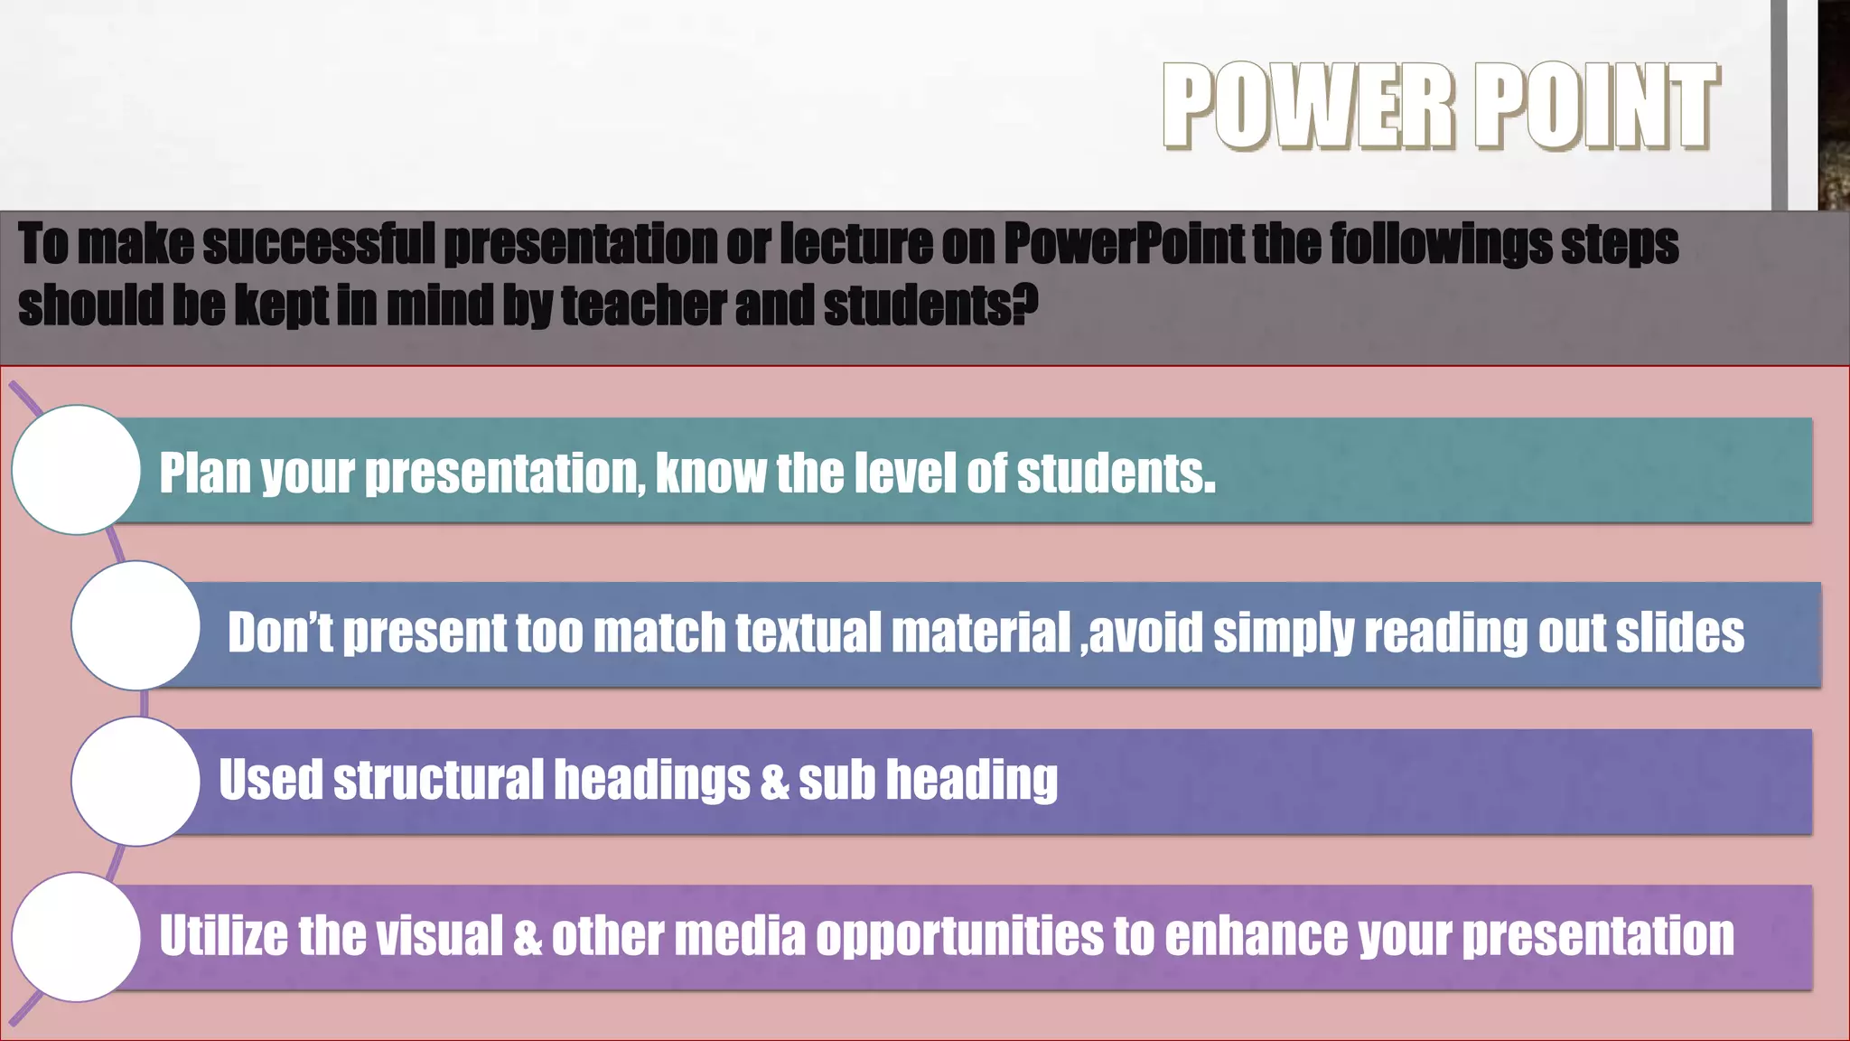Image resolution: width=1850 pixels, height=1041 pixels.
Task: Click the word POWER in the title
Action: click(x=1308, y=106)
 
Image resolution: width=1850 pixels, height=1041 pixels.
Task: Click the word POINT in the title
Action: click(x=1597, y=106)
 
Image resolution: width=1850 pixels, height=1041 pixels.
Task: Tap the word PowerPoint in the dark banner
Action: click(x=1124, y=244)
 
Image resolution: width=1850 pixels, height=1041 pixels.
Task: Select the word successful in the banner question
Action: click(x=318, y=244)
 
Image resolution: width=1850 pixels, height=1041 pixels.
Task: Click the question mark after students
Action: click(x=1025, y=305)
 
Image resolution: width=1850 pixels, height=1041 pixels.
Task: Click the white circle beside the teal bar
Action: click(x=77, y=470)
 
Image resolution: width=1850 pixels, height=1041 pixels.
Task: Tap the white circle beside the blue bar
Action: click(x=135, y=625)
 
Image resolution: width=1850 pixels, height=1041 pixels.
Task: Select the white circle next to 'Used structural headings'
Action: click(x=135, y=781)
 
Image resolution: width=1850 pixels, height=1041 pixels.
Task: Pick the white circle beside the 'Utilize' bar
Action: click(x=77, y=937)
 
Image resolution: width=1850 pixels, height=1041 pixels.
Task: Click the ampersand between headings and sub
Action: click(x=774, y=780)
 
